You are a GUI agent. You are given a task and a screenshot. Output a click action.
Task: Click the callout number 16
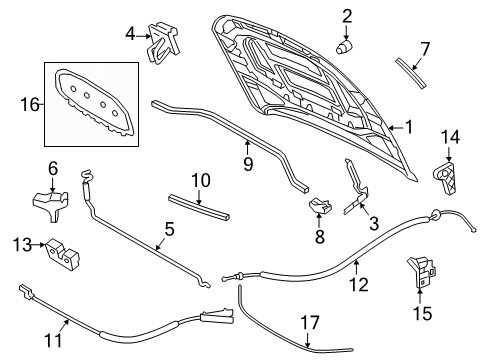(x=30, y=104)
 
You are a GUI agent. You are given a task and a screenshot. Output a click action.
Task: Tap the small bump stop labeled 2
(x=344, y=47)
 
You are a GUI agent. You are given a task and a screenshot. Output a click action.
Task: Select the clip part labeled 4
(x=163, y=42)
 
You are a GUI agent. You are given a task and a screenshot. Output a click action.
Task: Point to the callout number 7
(x=425, y=50)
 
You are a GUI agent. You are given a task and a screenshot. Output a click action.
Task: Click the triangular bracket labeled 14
(x=445, y=177)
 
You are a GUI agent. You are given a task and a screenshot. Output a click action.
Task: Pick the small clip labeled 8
(x=320, y=206)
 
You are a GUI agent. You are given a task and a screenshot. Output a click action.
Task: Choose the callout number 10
(x=201, y=180)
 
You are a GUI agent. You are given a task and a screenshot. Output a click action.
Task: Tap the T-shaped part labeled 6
(x=51, y=204)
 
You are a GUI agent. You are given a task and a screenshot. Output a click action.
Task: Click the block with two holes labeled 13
(x=62, y=255)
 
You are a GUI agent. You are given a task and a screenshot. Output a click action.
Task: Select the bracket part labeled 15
(x=421, y=271)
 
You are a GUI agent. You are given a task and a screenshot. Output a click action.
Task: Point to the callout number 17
(x=310, y=323)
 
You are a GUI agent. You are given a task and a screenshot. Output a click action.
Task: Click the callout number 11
(x=54, y=340)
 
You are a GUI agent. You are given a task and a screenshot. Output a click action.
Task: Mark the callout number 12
(x=359, y=285)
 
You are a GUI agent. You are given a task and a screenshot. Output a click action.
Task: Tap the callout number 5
(x=169, y=230)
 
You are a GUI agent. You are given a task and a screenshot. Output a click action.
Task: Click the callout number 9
(x=248, y=164)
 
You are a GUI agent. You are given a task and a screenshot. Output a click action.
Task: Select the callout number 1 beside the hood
(x=409, y=127)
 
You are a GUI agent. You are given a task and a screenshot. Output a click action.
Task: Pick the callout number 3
(x=374, y=223)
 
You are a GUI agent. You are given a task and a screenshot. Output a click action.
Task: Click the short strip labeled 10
(x=199, y=207)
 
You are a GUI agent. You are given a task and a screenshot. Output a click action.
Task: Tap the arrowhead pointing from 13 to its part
(x=42, y=245)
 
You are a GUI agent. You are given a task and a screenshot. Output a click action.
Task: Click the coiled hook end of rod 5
(x=87, y=175)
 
